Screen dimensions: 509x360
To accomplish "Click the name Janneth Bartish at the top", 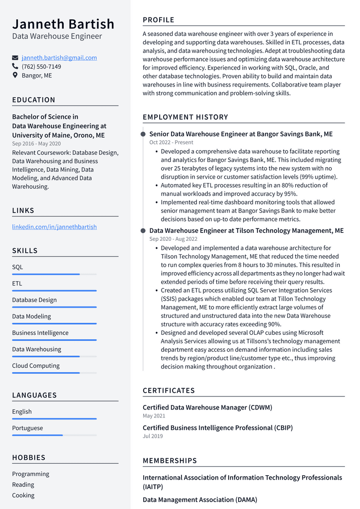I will coord(63,24).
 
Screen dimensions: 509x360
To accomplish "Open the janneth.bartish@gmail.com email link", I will coord(59,58).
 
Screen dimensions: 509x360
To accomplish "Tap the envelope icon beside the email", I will coord(15,58).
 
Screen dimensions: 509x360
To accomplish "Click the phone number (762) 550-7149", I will coord(41,67).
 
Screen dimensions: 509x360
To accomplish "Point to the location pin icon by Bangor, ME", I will coord(15,76).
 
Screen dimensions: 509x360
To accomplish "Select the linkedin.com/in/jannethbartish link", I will coord(54,227).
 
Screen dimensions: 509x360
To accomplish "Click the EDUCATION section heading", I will coord(34,100).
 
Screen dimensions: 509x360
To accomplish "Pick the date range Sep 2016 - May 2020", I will coord(36,144).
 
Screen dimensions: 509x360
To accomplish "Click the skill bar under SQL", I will coord(54,274).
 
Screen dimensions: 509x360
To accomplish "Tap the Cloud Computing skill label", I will coord(36,366).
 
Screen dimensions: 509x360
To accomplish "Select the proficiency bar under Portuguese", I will coord(54,435).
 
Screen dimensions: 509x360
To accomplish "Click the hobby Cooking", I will coord(23,495).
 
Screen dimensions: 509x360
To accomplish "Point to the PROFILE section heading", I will coord(159,20).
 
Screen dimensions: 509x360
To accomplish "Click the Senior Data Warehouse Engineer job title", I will coord(241,134).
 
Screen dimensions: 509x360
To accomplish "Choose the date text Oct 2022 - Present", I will coord(171,142).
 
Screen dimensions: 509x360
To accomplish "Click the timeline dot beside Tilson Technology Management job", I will coord(143,231).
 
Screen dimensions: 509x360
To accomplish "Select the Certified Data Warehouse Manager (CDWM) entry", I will coord(207,407).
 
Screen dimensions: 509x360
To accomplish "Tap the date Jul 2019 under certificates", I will coord(153,436).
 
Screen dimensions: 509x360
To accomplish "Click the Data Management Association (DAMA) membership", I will coord(200,500).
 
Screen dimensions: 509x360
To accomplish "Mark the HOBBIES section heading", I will coord(29,458).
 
